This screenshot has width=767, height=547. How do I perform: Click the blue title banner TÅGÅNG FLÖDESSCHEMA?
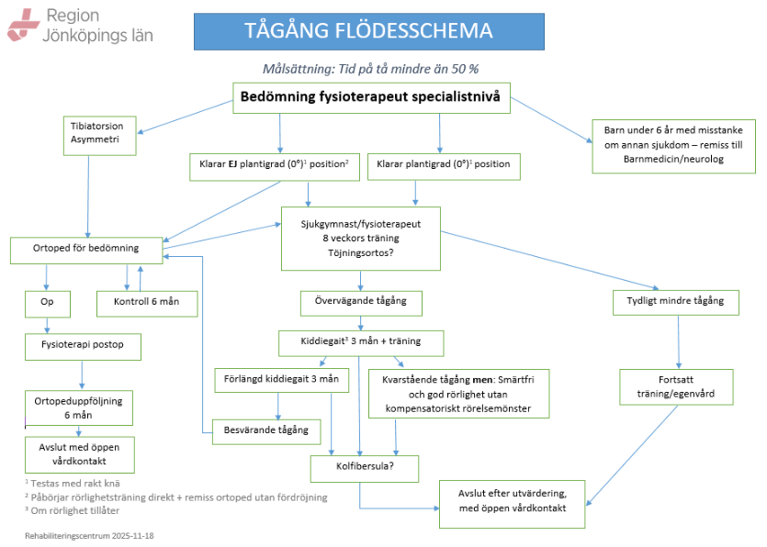pyautogui.click(x=367, y=31)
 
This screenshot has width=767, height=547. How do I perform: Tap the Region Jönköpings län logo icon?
pyautogui.click(x=23, y=26)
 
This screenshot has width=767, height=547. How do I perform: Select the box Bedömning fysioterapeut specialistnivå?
pyautogui.click(x=370, y=97)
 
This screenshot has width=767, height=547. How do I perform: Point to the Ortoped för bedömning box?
pyautogui.click(x=87, y=249)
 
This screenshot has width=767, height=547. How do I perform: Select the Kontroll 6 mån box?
pyautogui.click(x=146, y=302)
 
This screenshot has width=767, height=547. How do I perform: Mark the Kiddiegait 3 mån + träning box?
pyautogui.click(x=361, y=341)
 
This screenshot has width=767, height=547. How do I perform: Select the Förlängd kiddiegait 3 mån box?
pyautogui.click(x=281, y=378)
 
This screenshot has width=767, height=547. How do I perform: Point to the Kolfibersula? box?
pyautogui.click(x=364, y=467)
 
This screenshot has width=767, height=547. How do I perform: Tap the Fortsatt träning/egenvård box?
pyautogui.click(x=676, y=386)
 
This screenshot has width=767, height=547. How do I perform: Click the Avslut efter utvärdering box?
pyautogui.click(x=512, y=501)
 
